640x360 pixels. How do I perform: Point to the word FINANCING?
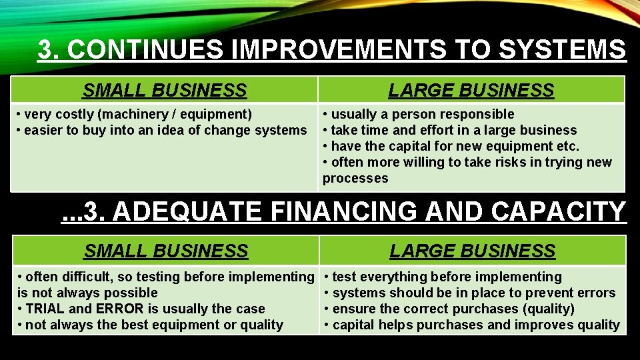click(x=345, y=211)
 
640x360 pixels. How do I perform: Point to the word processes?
click(x=355, y=178)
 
